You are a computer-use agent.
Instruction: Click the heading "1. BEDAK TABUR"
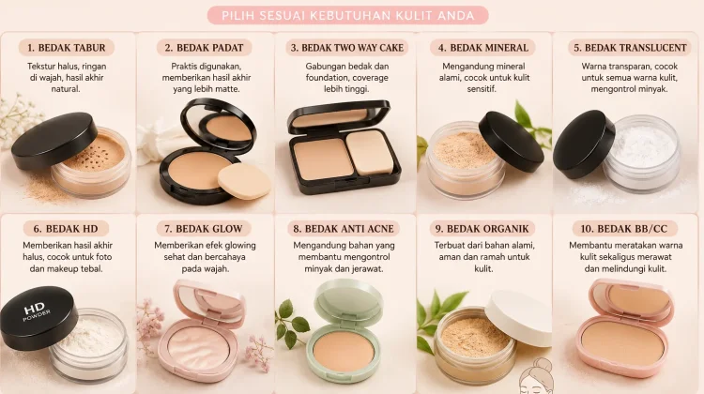tap(67, 48)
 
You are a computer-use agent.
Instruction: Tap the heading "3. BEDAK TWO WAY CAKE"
tap(347, 48)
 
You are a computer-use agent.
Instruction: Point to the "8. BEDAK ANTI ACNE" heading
tap(344, 229)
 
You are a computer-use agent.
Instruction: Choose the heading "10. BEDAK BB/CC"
tap(624, 229)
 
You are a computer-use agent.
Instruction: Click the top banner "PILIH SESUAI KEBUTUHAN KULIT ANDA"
tap(348, 16)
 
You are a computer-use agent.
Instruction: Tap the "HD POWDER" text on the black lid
tap(37, 311)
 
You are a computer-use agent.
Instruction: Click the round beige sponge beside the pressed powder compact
tap(244, 181)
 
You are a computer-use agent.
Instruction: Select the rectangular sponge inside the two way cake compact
tap(370, 153)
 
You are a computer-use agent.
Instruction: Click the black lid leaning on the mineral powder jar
tap(511, 141)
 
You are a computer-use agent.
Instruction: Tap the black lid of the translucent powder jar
tap(583, 144)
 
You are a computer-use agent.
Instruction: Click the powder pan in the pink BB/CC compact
tap(622, 344)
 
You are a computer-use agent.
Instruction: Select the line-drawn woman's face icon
tap(537, 378)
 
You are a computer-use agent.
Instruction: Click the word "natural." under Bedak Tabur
tap(66, 89)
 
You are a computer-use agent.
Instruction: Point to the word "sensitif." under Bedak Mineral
tap(482, 89)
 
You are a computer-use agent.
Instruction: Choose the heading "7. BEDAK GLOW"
tap(204, 229)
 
